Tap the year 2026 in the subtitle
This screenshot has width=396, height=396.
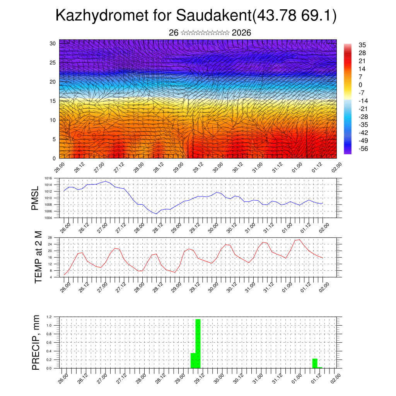pyautogui.click(x=241, y=33)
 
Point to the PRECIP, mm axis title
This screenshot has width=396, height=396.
pyautogui.click(x=36, y=342)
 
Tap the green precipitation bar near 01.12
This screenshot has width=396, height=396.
pyautogui.click(x=315, y=364)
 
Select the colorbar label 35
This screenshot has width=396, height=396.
pyautogui.click(x=362, y=45)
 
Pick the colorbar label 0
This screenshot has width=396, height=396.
pyautogui.click(x=360, y=85)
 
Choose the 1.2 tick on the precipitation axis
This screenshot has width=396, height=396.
pyautogui.click(x=49, y=317)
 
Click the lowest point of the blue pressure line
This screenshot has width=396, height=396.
pyautogui.click(x=156, y=213)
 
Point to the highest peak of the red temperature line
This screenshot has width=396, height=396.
pyautogui.click(x=299, y=240)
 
